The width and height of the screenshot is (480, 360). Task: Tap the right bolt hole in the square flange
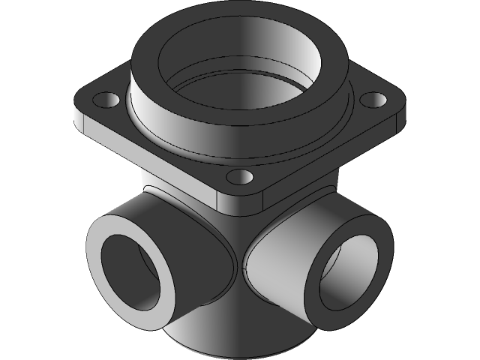pyautogui.click(x=373, y=98)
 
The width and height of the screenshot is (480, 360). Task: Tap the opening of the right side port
pyautogui.click(x=349, y=270)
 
